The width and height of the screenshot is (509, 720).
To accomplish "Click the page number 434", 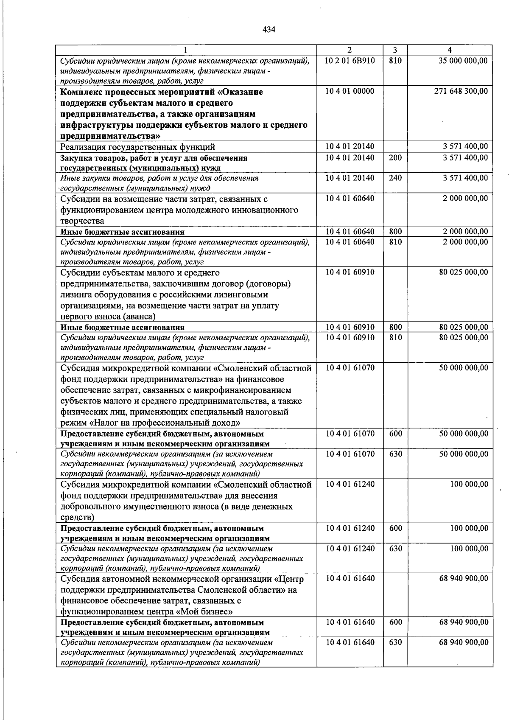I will click(x=269, y=29).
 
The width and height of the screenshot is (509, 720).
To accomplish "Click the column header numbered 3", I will click(x=394, y=50).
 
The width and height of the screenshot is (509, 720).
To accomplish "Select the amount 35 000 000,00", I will click(x=463, y=61).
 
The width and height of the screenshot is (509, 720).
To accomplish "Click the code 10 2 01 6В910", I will click(x=350, y=61).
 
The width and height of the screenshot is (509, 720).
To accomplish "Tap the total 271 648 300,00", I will click(x=461, y=91).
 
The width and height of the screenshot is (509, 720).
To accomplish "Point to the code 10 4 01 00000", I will click(x=350, y=91).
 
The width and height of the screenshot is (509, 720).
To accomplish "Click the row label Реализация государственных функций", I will click(x=137, y=147).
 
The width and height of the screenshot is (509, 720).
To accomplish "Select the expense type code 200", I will click(x=395, y=158).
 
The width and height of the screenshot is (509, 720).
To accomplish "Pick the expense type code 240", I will click(x=395, y=178).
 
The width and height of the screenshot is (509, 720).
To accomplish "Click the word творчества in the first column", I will click(x=82, y=221).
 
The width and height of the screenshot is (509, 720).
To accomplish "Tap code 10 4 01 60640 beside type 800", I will click(x=350, y=232).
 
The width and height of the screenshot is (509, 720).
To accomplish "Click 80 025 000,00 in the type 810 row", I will click(x=463, y=338).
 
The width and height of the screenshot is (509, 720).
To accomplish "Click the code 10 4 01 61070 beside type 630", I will click(x=350, y=454).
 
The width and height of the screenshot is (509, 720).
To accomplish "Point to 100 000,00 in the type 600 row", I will click(x=469, y=528).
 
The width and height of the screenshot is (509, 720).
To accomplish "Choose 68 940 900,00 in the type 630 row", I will click(x=463, y=642).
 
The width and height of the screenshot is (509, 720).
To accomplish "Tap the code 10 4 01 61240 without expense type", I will click(x=350, y=484).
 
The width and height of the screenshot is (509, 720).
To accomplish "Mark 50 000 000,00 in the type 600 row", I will click(x=463, y=434).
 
